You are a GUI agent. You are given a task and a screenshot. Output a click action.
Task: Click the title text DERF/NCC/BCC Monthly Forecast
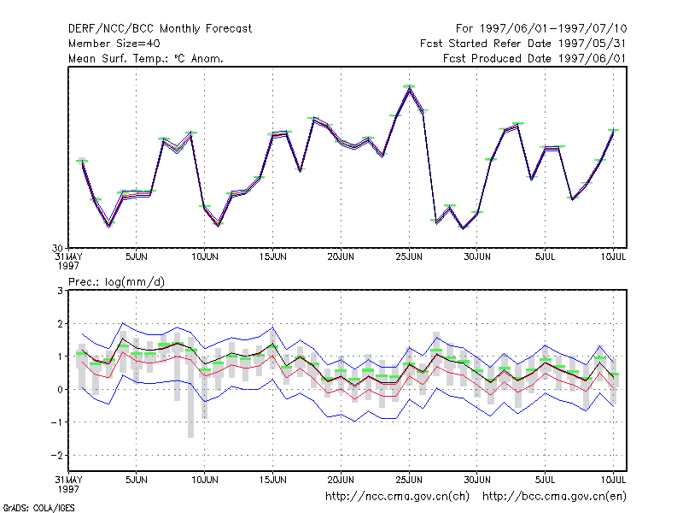pyautogui.click(x=160, y=29)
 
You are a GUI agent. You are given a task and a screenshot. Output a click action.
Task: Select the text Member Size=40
pyautogui.click(x=114, y=44)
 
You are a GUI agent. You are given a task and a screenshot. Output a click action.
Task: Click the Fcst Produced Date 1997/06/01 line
pyautogui.click(x=534, y=58)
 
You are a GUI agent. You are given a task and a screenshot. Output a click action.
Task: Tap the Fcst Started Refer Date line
pyautogui.click(x=523, y=44)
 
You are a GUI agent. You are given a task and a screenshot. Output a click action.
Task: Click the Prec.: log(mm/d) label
pyautogui.click(x=116, y=282)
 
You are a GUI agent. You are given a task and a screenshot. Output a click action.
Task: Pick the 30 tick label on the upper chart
pyautogui.click(x=57, y=249)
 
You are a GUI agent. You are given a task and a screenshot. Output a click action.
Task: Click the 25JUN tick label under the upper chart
pyautogui.click(x=409, y=256)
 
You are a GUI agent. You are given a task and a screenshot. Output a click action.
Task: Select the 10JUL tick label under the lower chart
pyautogui.click(x=613, y=480)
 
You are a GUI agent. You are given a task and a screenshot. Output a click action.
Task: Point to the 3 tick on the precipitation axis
pyautogui.click(x=60, y=291)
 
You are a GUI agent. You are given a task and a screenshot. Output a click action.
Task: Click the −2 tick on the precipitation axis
pyautogui.click(x=56, y=456)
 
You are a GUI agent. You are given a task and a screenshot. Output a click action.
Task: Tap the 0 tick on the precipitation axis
pyautogui.click(x=60, y=390)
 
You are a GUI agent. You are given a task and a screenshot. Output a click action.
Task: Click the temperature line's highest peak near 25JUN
pyautogui.click(x=409, y=88)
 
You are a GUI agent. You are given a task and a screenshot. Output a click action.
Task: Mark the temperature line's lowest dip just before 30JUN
pyautogui.click(x=463, y=227)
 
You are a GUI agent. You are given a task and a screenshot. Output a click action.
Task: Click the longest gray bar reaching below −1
pyautogui.click(x=190, y=387)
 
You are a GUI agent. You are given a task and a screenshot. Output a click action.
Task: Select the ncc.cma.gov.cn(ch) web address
pyautogui.click(x=397, y=497)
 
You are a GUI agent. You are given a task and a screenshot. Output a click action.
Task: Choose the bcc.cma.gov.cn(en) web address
pyautogui.click(x=554, y=497)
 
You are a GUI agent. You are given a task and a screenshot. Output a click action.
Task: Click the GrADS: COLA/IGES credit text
pyautogui.click(x=38, y=508)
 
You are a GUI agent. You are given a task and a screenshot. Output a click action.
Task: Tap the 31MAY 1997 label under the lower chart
pyautogui.click(x=68, y=484)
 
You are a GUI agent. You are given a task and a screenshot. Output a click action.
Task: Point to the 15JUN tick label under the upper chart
pyautogui.click(x=272, y=256)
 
